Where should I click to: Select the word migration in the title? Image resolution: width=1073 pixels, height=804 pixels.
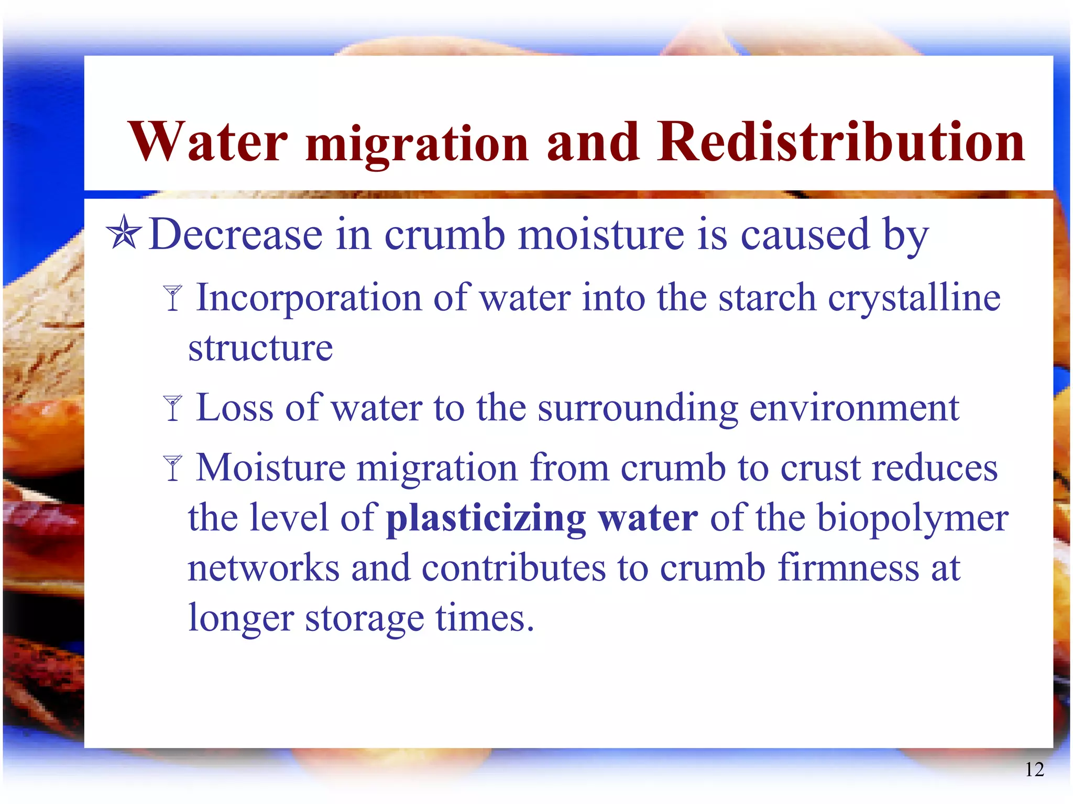point(417,144)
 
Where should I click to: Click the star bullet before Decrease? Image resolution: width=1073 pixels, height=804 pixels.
point(124,232)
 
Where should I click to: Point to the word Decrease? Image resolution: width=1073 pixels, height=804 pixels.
point(235,234)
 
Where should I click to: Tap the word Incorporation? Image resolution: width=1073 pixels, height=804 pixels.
point(309,298)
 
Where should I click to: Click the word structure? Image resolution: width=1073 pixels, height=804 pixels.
point(260,348)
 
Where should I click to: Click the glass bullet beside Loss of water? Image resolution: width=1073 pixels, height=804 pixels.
point(172,408)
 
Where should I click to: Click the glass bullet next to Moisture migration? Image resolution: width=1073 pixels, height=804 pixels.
point(172,467)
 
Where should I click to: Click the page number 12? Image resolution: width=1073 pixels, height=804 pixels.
point(1034,769)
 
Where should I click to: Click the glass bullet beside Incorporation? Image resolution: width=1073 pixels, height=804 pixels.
point(172,298)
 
